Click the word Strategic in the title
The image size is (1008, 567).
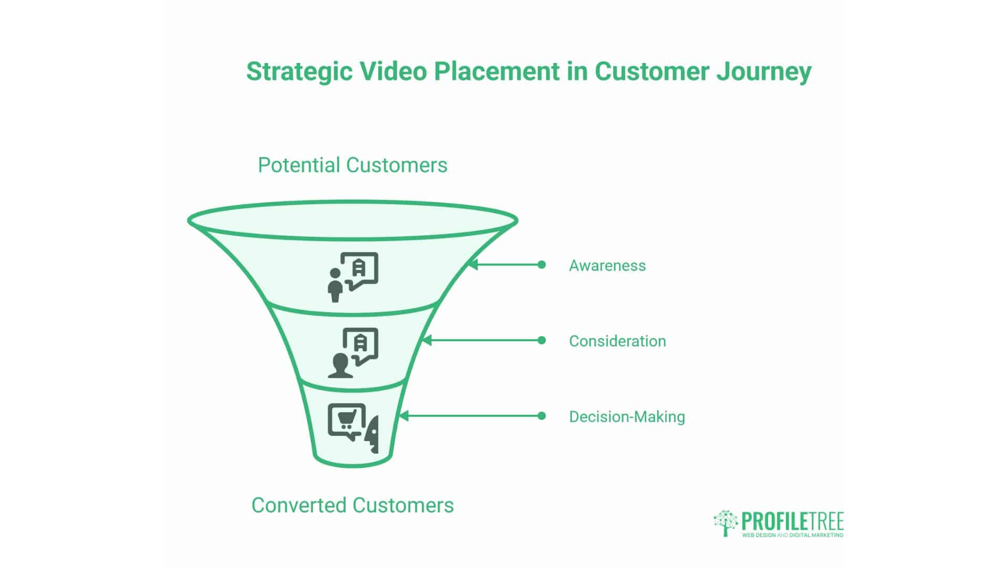pos(299,72)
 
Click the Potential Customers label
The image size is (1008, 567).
pos(352,165)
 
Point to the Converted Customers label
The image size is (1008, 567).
pos(352,505)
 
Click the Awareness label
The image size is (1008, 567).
pos(607,265)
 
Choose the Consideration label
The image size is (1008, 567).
pos(617,341)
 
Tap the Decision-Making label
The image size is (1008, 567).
pos(627,416)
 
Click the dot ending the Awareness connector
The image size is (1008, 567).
pos(542,265)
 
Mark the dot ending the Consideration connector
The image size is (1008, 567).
pos(542,340)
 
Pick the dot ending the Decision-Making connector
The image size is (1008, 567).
pos(542,416)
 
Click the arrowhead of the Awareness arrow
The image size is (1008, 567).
pos(472,265)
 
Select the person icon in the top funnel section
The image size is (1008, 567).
pos(334,286)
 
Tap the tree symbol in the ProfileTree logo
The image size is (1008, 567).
pos(726,522)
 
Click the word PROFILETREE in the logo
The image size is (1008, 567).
pos(792,521)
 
